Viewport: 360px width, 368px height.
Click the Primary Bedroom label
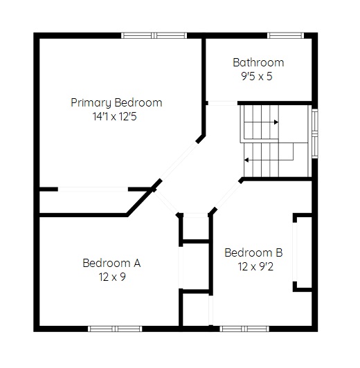(x=116, y=103)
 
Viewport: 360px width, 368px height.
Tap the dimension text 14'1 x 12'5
(x=115, y=117)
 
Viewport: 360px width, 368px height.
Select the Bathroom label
(x=258, y=63)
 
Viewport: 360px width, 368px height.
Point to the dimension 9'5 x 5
(x=257, y=76)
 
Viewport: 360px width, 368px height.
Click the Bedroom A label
(x=111, y=263)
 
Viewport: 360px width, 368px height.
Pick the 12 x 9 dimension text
(x=112, y=277)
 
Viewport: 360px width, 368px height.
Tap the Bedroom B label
(x=253, y=252)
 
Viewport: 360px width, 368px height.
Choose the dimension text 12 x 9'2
(x=255, y=266)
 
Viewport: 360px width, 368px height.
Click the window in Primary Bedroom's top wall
(x=154, y=36)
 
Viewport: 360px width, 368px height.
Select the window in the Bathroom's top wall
(x=285, y=36)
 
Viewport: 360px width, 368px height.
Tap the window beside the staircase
(x=315, y=134)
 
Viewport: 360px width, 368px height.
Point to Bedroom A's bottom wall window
(x=115, y=329)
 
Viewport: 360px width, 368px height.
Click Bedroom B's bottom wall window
(x=244, y=329)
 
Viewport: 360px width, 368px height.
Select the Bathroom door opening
(x=223, y=103)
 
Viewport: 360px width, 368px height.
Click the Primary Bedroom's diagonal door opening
(x=179, y=161)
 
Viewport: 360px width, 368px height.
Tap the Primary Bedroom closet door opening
(x=93, y=190)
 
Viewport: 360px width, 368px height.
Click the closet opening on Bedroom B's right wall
(x=295, y=252)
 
